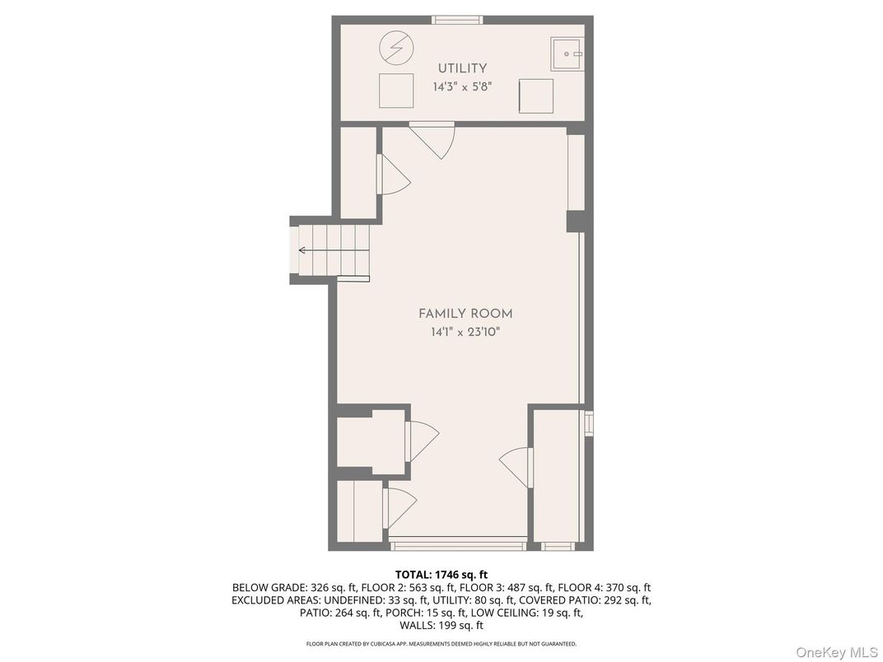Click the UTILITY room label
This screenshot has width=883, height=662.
(462, 68)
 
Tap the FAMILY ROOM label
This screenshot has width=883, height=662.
(465, 314)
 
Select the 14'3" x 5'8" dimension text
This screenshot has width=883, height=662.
(462, 87)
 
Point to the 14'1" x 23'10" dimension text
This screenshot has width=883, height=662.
(465, 332)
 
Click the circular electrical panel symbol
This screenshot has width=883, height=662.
(396, 48)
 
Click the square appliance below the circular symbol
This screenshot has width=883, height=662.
(396, 91)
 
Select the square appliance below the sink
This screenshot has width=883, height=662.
(536, 96)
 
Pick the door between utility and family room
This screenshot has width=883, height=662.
(432, 140)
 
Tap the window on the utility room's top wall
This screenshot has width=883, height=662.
(457, 21)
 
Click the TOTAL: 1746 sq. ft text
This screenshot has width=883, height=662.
(441, 575)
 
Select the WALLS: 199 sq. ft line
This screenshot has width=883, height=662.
(441, 626)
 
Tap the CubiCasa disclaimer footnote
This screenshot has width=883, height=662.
(441, 643)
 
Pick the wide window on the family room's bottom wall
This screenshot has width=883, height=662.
(458, 545)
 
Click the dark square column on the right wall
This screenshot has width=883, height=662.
(577, 221)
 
